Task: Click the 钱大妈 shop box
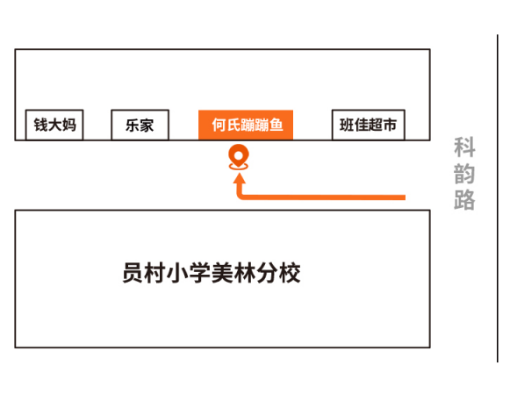54,125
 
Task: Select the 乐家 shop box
140,125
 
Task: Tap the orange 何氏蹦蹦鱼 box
246,125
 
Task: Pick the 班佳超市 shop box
369,125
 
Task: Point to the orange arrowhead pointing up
239,178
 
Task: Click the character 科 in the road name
464,147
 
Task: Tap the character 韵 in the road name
464,174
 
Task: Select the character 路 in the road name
464,199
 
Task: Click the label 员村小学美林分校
212,273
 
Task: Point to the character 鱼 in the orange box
276,125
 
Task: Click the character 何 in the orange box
219,125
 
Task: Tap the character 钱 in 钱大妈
41,125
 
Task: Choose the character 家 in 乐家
147,125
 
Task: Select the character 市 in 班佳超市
390,125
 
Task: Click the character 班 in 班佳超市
347,125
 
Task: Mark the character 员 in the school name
133,273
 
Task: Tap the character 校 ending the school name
290,273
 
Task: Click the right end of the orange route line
405,197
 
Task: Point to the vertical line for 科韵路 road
498,198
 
